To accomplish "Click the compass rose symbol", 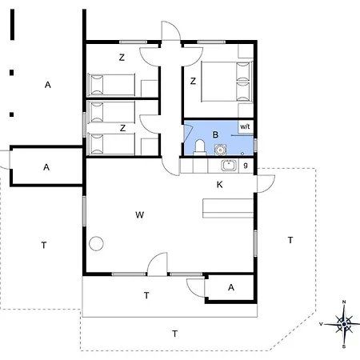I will click(343, 324).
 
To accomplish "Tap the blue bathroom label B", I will click(215, 134).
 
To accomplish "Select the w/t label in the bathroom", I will click(246, 126).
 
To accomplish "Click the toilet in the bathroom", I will click(200, 146).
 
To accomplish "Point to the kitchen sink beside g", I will click(227, 166).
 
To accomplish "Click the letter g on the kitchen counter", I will click(246, 166).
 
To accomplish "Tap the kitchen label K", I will click(219, 185).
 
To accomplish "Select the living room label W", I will click(139, 214).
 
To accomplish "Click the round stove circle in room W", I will click(97, 244).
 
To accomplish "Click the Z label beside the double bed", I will click(193, 81).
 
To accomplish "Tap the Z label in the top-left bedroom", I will click(122, 57).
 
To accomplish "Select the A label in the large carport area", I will click(47, 84).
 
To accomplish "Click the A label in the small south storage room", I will click(230, 287).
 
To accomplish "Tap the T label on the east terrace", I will click(290, 240).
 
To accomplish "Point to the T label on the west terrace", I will click(43, 245).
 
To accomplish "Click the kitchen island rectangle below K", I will click(227, 208).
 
